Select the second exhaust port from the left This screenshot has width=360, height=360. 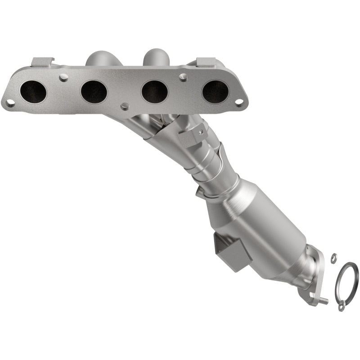click(x=94, y=91)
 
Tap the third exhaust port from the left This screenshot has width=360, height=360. click(x=154, y=91)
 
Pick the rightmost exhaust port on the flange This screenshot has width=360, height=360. click(x=215, y=91)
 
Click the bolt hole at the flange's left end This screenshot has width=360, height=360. click(x=9, y=103)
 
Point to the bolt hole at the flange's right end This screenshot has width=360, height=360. click(x=239, y=100)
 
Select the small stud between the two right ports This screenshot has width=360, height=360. click(x=183, y=77)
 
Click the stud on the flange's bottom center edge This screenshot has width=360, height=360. click(x=125, y=106)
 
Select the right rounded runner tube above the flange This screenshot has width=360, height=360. click(x=155, y=56)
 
